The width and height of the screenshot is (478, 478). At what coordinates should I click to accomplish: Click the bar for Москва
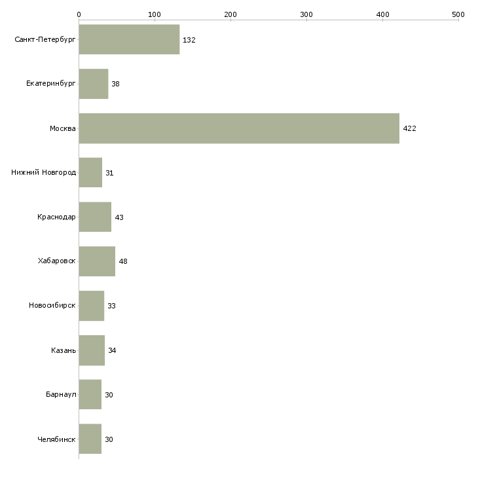pos(239,128)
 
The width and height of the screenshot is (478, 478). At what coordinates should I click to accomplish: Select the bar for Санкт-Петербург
pos(129,39)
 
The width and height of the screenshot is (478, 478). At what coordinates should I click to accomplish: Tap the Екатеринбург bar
pos(94,84)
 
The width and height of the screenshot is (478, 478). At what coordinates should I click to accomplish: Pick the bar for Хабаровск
pos(97,261)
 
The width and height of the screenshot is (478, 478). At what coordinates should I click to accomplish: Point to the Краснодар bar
pos(95,217)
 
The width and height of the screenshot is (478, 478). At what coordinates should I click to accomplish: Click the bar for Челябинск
pos(90,439)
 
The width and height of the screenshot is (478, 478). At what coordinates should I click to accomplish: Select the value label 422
pos(409,128)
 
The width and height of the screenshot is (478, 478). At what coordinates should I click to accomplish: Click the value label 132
pos(189,40)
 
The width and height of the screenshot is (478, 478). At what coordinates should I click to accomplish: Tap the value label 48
pos(123,261)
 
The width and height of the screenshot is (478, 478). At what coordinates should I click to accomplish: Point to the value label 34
pos(112,350)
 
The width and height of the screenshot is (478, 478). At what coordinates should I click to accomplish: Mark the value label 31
pos(109,173)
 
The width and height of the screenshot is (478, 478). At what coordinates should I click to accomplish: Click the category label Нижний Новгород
pos(44,173)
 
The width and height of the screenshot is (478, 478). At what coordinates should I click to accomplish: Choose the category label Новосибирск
pos(52,305)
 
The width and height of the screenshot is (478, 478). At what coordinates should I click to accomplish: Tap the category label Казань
pos(64,350)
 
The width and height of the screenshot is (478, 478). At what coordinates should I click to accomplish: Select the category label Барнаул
pos(61,394)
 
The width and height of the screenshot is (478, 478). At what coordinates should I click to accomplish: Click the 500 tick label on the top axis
pos(458,14)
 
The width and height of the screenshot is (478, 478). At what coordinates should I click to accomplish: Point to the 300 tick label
pos(306,14)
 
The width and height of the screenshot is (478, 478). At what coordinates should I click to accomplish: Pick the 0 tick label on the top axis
pos(79,14)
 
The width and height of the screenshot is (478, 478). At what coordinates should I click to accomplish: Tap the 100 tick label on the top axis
pos(155,14)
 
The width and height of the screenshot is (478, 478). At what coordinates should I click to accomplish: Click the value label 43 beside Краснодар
pos(119,217)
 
